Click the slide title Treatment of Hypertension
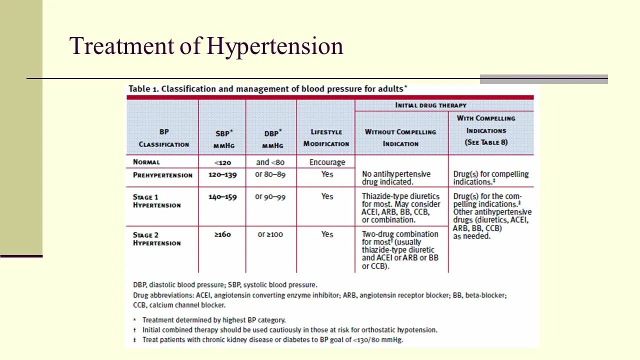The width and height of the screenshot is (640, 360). (206, 46)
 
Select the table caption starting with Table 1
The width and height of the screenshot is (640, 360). (267, 89)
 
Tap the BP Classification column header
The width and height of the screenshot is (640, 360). (163, 138)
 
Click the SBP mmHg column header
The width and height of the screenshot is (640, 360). (223, 139)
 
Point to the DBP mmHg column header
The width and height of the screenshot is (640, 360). (272, 139)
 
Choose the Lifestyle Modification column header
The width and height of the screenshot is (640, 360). (326, 137)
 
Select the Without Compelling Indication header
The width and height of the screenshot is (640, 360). (400, 137)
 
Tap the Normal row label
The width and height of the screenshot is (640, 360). (146, 162)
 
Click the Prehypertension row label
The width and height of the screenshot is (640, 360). (162, 175)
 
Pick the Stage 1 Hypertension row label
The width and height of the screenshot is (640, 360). (156, 201)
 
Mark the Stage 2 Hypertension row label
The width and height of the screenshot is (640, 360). (156, 239)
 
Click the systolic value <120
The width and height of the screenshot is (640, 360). (222, 162)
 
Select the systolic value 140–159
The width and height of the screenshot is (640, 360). (222, 196)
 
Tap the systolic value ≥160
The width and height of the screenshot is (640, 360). (222, 234)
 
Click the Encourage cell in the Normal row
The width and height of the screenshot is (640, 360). (327, 162)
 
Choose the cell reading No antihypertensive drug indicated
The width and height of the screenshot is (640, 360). (396, 178)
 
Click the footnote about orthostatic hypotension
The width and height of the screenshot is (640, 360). (289, 330)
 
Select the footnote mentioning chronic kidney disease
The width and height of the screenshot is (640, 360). (272, 340)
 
